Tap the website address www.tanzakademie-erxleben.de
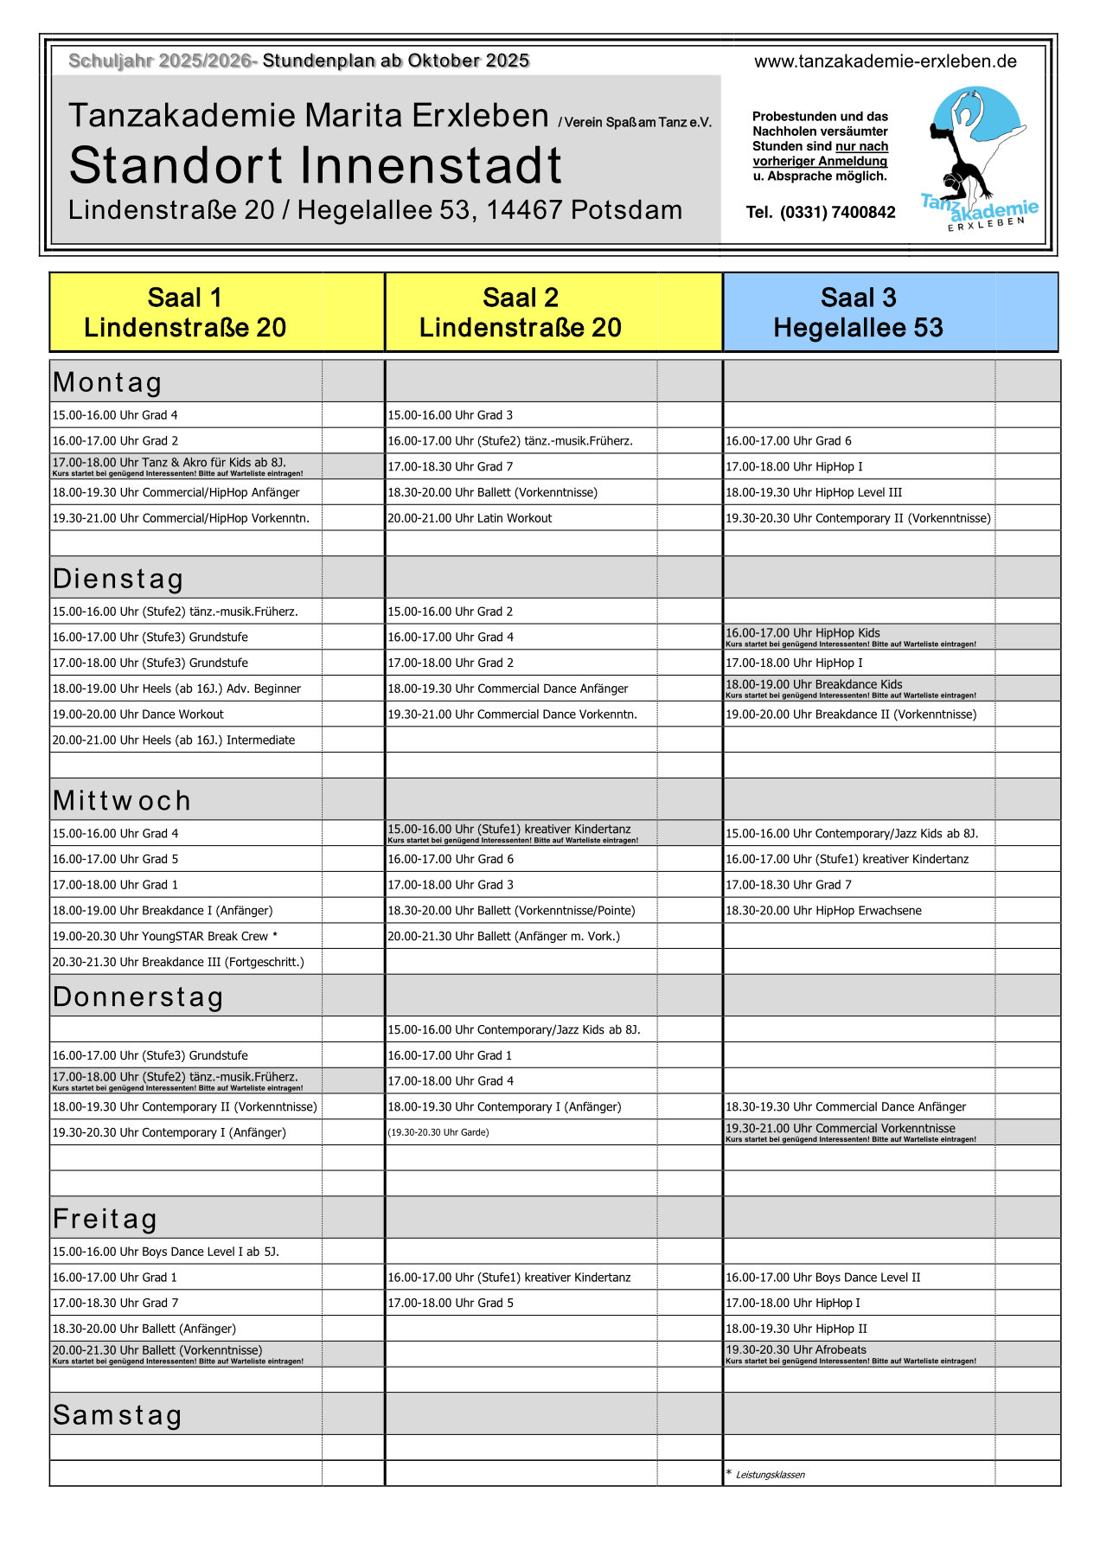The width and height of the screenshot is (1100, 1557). [885, 61]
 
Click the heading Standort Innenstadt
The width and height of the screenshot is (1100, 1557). [316, 165]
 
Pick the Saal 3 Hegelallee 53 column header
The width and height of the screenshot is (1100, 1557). [858, 312]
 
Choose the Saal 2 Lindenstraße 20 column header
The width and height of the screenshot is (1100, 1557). [521, 312]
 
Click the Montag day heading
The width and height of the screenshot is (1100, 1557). [108, 382]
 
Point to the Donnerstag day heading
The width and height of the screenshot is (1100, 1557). [138, 996]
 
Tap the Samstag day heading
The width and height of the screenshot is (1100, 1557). [118, 1415]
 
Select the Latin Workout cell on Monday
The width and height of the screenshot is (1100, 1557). [470, 518]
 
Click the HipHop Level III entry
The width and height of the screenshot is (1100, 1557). [814, 492]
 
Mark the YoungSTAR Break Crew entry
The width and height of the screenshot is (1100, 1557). [165, 936]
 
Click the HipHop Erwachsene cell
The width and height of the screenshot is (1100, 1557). [823, 911]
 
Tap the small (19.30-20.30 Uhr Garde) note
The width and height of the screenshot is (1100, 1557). [438, 1132]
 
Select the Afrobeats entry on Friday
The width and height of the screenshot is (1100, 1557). [796, 1350]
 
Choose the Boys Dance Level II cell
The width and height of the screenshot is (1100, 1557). [823, 1278]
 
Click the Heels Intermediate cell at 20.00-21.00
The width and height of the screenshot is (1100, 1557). [174, 740]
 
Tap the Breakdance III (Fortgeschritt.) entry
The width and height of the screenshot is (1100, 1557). [178, 962]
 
